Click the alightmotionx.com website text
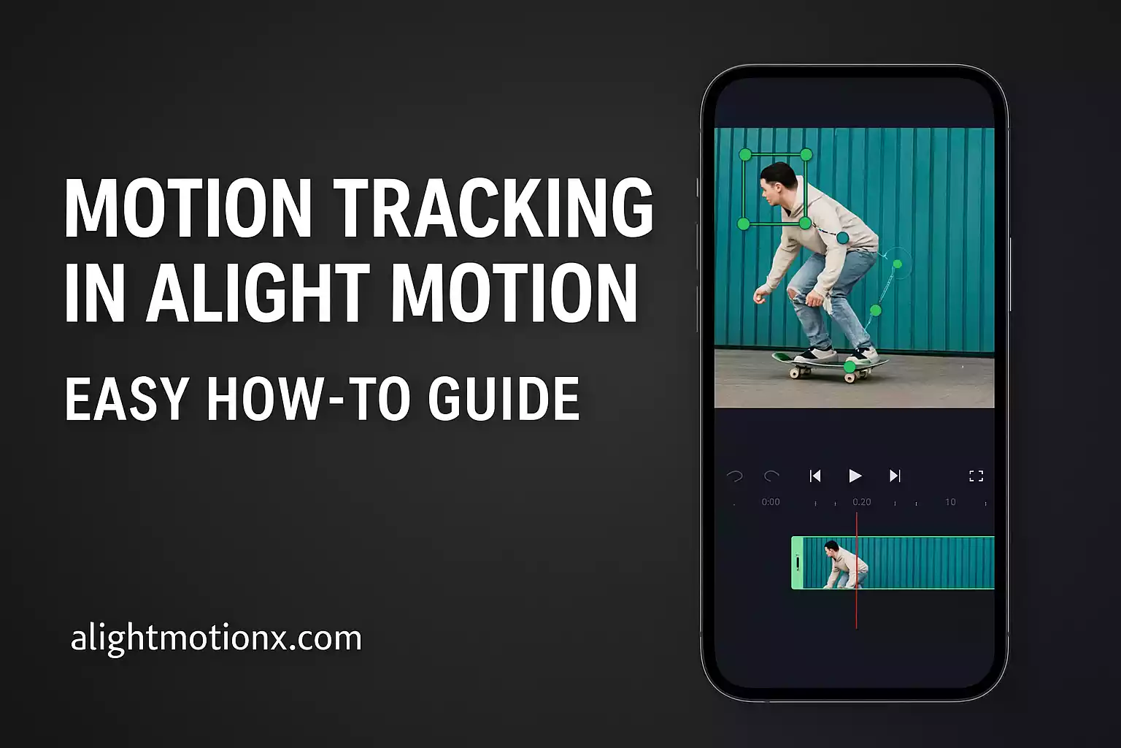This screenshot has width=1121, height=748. [x=216, y=638]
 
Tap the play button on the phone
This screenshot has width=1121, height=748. [x=855, y=476]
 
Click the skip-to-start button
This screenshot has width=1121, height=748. [x=815, y=476]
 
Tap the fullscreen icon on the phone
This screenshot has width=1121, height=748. [x=976, y=476]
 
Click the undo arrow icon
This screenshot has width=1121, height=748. [x=734, y=476]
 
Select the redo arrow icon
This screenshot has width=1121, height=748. [x=771, y=476]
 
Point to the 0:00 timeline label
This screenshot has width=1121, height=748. [x=771, y=502]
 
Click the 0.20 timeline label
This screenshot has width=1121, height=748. [x=862, y=502]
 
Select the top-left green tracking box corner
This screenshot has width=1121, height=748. [x=745, y=155]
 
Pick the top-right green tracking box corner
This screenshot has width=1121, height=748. [x=806, y=155]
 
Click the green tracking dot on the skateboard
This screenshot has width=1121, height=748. [x=850, y=366]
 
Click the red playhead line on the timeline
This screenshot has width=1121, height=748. [x=857, y=606]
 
